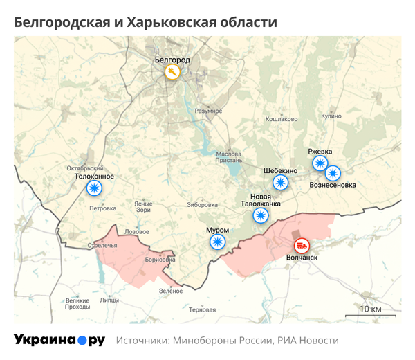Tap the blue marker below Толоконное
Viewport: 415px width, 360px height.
tap(93, 188)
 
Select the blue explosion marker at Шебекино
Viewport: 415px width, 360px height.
tap(280, 183)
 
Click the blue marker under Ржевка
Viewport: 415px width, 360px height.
tap(320, 163)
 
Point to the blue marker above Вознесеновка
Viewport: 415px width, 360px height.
tap(333, 173)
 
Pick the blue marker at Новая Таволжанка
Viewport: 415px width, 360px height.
tap(261, 216)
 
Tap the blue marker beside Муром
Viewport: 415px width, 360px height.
tap(218, 242)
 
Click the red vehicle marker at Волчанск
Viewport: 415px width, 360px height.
tap(302, 245)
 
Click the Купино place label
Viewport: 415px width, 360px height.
tap(331, 116)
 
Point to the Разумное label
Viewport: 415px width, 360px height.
tap(207, 111)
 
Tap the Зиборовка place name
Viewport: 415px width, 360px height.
tap(202, 205)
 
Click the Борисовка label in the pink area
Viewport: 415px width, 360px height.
tap(160, 260)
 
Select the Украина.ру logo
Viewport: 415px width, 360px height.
tap(59, 341)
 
